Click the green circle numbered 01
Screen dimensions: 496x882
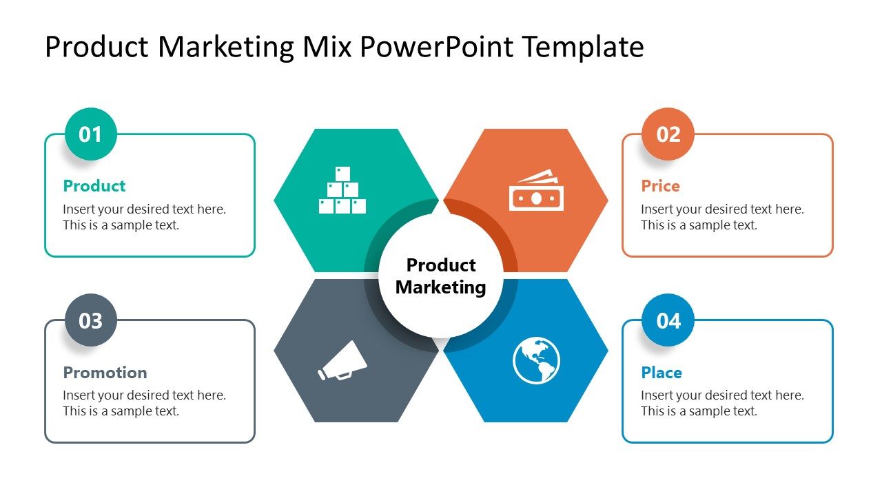coord(91,134)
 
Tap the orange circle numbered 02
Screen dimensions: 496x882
coord(668,134)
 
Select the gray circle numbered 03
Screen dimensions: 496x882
coord(91,320)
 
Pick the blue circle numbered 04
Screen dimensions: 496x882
coord(668,320)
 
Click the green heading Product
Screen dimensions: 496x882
coord(94,186)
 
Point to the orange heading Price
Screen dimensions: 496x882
coord(660,186)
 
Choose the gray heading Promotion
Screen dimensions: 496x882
coord(105,373)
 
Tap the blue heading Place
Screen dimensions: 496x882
coord(661,373)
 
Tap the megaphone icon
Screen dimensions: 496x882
coord(342,361)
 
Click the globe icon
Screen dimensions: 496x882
coord(536,360)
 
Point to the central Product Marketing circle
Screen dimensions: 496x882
coord(441,276)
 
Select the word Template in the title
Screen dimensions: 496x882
coord(582,47)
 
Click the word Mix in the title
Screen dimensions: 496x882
coord(327,47)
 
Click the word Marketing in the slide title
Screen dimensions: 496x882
coord(227,47)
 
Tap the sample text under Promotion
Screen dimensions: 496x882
coord(144,403)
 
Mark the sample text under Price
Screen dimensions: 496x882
coord(722,217)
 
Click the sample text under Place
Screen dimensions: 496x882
coord(722,403)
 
